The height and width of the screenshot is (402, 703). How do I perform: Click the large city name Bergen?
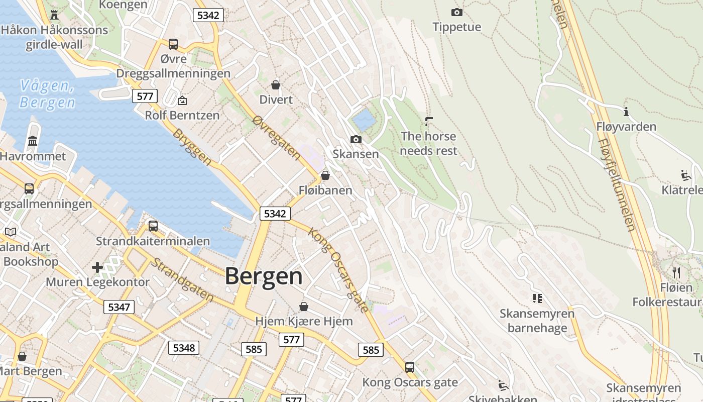264,276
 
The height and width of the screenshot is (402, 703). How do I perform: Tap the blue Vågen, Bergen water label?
47,94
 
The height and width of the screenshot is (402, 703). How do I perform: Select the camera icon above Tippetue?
456,13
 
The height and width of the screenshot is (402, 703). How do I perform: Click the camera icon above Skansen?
356,139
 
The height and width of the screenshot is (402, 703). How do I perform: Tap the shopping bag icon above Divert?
275,85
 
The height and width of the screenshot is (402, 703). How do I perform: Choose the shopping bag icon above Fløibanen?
325,175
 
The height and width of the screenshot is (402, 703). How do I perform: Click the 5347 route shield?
119,307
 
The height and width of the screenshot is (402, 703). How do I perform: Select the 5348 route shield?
184,348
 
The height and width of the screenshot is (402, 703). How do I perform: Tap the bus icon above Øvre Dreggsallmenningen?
173,44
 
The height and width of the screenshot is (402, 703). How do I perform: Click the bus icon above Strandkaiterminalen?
153,226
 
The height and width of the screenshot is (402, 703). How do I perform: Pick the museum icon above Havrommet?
33,141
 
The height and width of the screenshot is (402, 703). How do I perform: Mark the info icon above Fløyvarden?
626,112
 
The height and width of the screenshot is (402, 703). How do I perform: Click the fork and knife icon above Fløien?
676,273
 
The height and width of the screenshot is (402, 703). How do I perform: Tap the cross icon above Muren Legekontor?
97,267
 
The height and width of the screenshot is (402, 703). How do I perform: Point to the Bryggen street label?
192,147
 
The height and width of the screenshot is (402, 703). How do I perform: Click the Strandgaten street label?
182,280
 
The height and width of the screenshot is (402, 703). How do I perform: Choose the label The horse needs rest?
428,143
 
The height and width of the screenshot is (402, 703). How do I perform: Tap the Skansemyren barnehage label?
537,321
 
